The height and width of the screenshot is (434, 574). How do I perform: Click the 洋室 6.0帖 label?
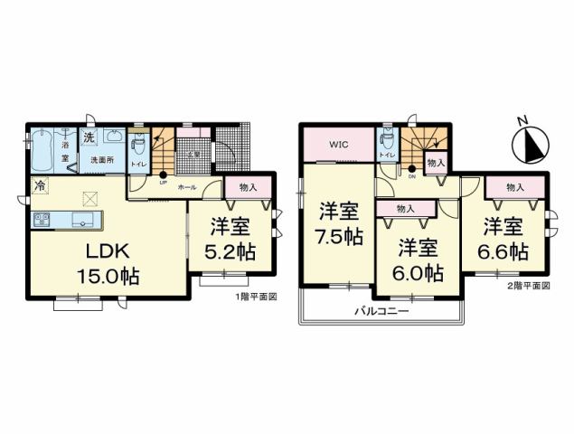[x=418, y=259]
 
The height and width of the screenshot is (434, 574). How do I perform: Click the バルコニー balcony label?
[x=382, y=311]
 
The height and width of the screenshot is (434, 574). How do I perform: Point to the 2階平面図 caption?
[x=530, y=285]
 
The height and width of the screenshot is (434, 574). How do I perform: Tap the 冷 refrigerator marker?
[x=39, y=186]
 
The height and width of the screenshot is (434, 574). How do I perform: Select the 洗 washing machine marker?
[x=89, y=138]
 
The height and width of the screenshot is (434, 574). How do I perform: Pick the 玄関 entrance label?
[x=192, y=154]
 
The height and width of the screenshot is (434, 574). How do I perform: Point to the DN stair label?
[x=411, y=177]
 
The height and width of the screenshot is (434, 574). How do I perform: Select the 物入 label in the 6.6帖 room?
[x=515, y=187]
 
